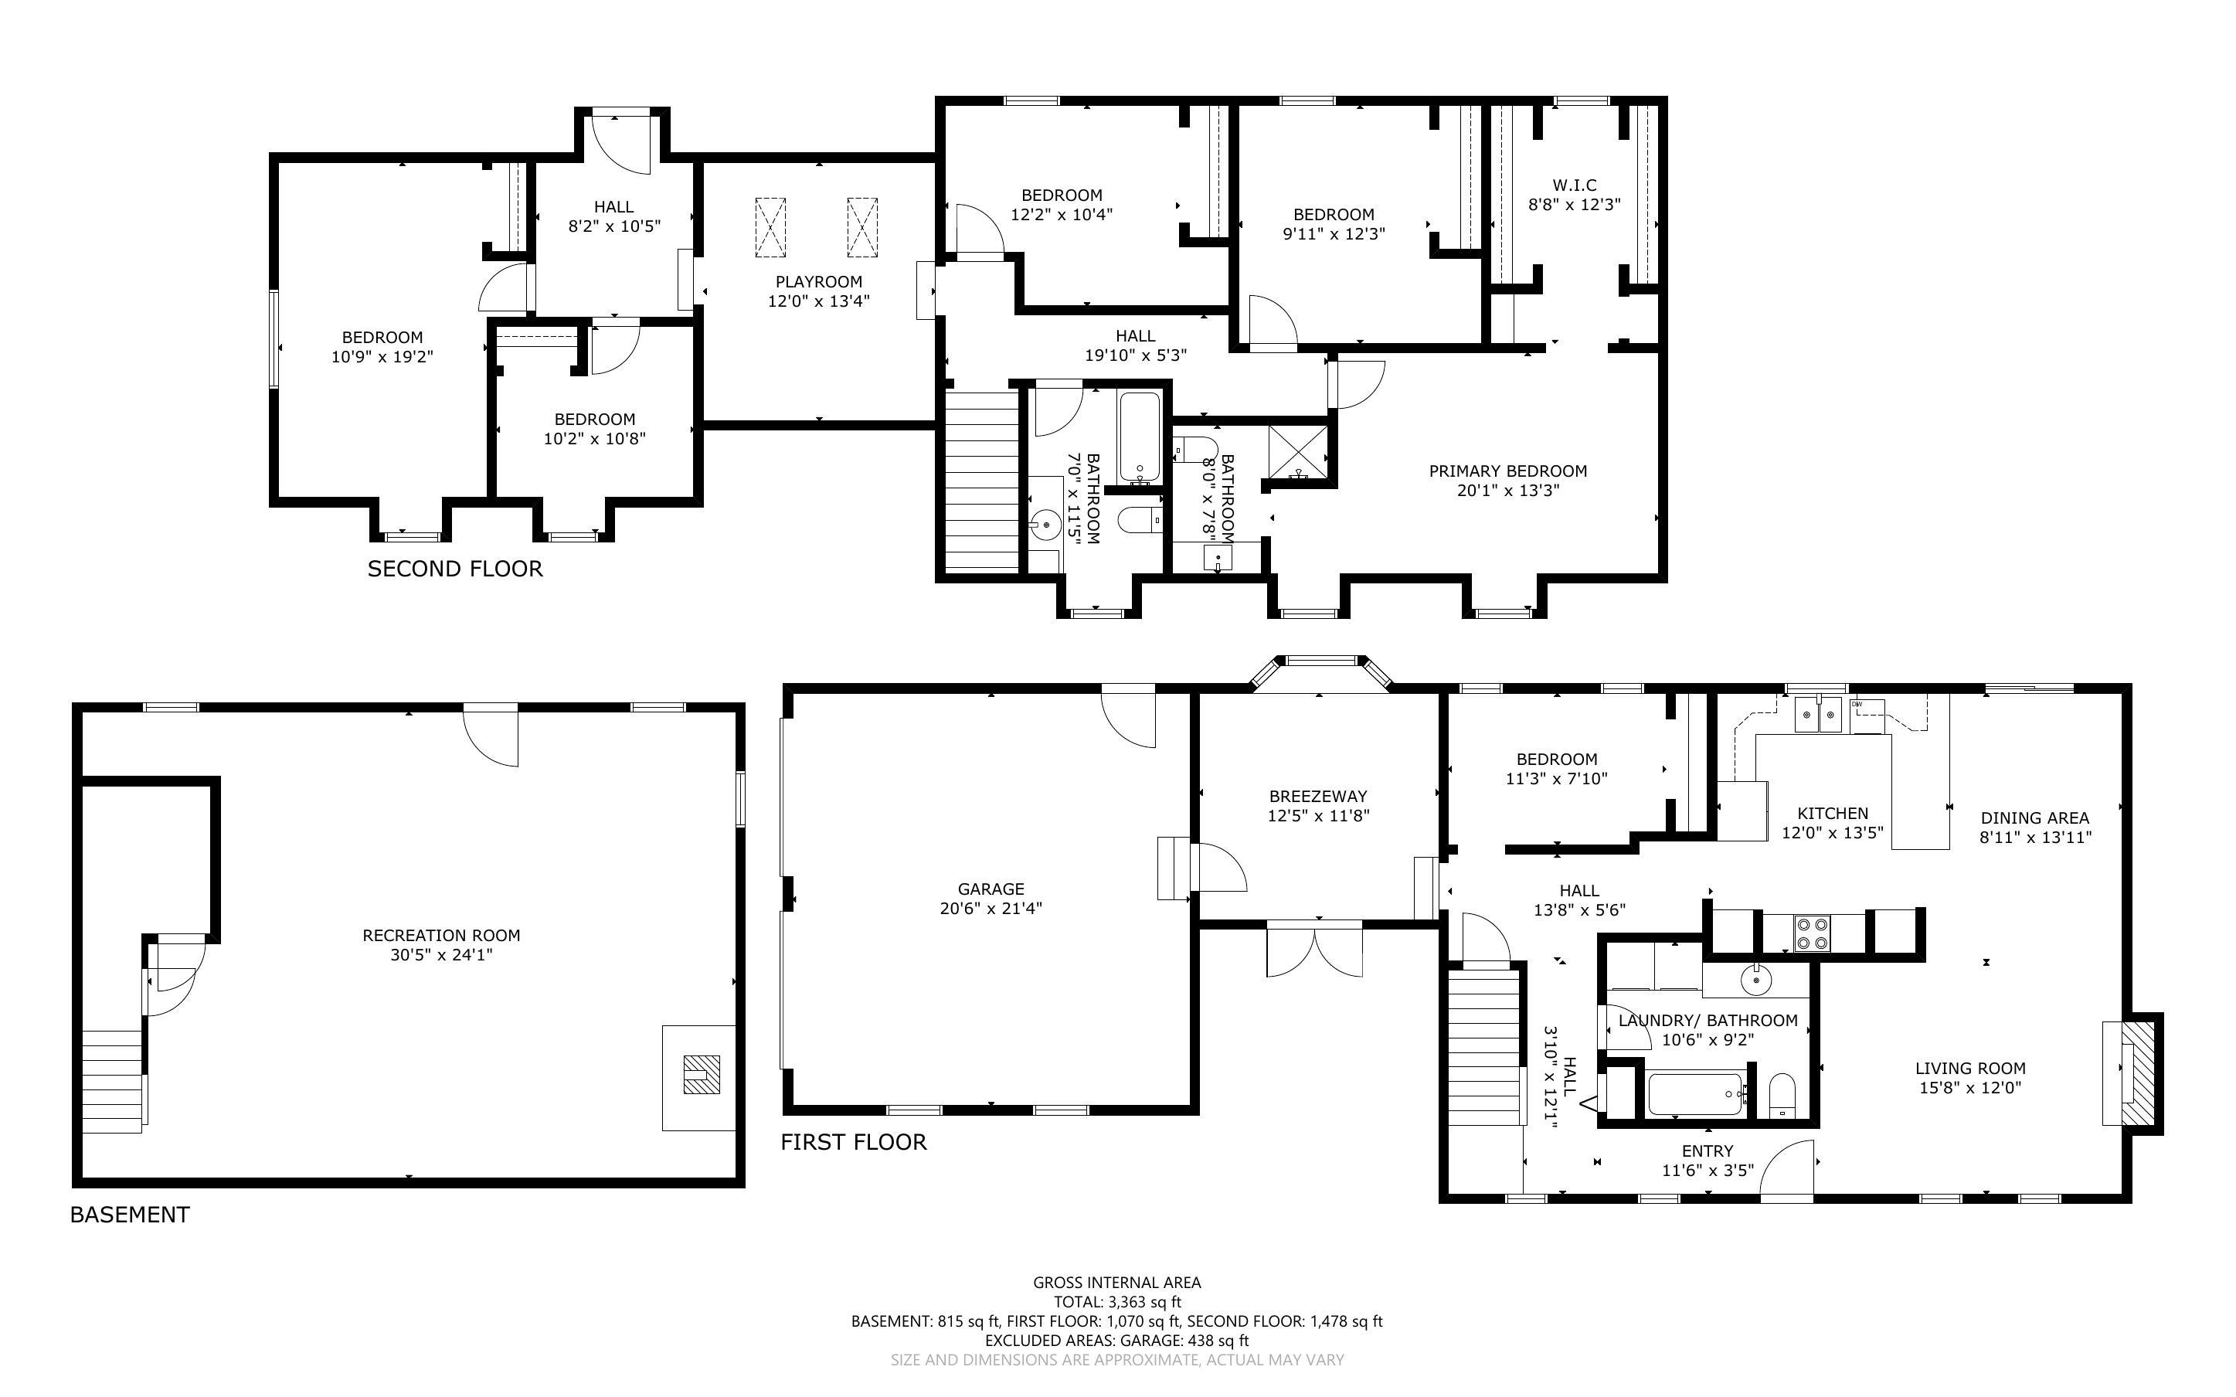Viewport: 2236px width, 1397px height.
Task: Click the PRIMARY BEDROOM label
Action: pyautogui.click(x=1507, y=471)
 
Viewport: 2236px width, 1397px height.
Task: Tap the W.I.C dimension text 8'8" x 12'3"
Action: pyautogui.click(x=1574, y=205)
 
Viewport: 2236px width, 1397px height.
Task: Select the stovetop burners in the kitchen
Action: pyautogui.click(x=1811, y=933)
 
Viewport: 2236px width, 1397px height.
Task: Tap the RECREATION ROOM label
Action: pyautogui.click(x=440, y=935)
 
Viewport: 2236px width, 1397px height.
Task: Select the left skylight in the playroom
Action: pyautogui.click(x=770, y=227)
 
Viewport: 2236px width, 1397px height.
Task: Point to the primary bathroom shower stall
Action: pyautogui.click(x=1300, y=454)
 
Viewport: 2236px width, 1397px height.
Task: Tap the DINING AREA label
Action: pyautogui.click(x=2034, y=817)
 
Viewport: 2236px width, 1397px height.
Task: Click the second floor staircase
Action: pyautogui.click(x=980, y=481)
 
